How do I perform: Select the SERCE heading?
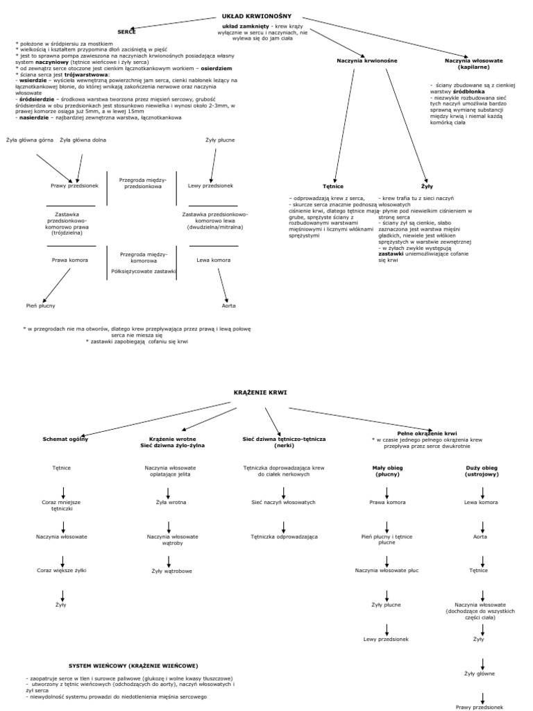126,32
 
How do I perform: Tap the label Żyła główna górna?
30,140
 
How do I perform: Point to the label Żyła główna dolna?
83,140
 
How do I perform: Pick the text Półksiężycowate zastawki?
143,271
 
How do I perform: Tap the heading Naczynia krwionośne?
366,61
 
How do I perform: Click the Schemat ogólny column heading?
65,439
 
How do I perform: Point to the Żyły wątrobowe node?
172,571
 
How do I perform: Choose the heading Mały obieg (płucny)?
387,471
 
